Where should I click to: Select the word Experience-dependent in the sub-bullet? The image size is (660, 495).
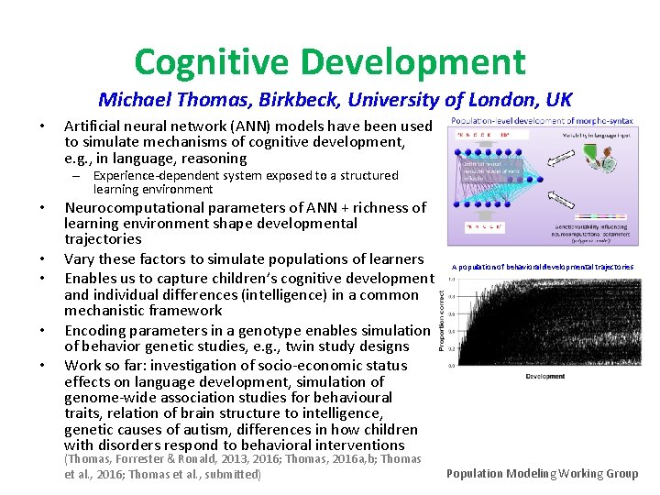pyautogui.click(x=159, y=175)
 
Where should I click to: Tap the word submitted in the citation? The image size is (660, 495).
pyautogui.click(x=232, y=474)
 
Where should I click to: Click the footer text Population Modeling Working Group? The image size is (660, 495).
pyautogui.click(x=543, y=473)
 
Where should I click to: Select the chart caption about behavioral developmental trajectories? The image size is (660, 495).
pyautogui.click(x=542, y=267)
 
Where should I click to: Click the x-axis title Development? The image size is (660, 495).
pyautogui.click(x=544, y=376)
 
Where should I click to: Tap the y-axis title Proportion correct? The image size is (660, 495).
pyautogui.click(x=442, y=322)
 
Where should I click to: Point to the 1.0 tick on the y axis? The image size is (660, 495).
pyautogui.click(x=451, y=280)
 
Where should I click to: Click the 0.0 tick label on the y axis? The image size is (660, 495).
pyautogui.click(x=451, y=366)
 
